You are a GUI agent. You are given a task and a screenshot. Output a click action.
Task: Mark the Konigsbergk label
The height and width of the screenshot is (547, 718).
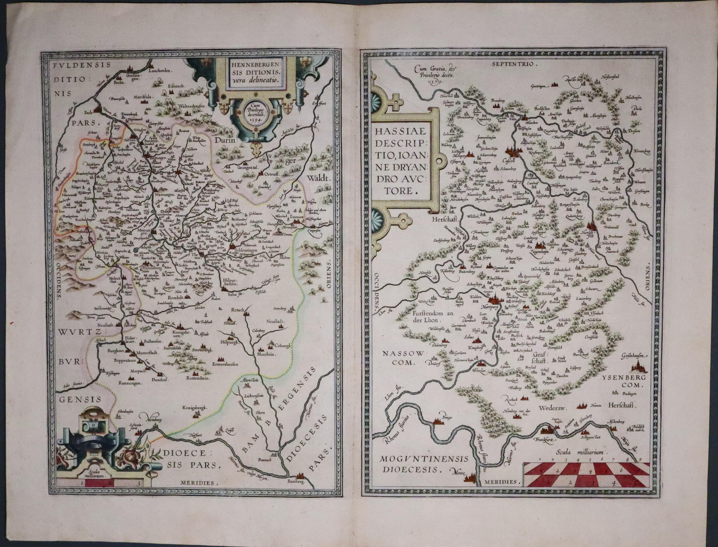click(195, 407)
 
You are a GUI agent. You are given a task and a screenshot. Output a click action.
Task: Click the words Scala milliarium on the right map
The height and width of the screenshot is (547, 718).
click(580, 453)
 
